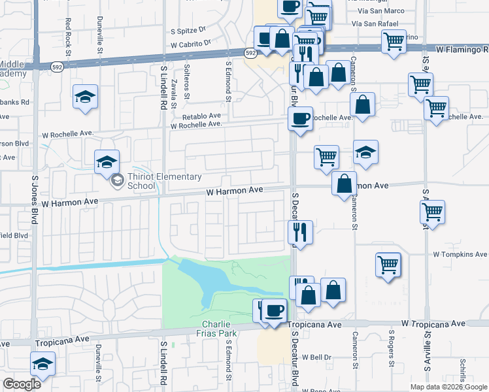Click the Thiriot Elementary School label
[141, 180]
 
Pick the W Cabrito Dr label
[190, 44]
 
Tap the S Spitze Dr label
[188, 30]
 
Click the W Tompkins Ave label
[460, 254]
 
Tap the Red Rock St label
[68, 33]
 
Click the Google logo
[22, 384]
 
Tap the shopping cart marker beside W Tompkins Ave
[388, 265]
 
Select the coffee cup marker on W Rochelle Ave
[300, 118]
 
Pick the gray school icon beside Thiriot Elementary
[117, 180]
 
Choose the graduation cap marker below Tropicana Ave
[43, 363]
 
